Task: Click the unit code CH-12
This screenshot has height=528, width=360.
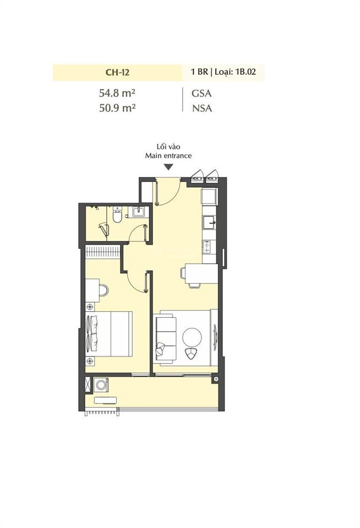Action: coord(117,72)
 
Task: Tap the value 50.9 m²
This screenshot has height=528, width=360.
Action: coord(117,108)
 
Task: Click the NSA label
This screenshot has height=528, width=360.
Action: coord(201,108)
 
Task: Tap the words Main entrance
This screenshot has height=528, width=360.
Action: coord(168,156)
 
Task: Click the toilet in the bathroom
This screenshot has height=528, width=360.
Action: coord(117,216)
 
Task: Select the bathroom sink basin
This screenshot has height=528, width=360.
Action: coord(138,212)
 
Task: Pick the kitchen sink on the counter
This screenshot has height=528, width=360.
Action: coord(210,222)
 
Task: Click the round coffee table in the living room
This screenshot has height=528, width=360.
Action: coord(193,336)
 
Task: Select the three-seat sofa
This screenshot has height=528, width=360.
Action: coord(165,337)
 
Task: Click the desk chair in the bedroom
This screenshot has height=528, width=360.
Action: coord(103,290)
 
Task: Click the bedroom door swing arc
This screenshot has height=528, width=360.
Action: coord(135,283)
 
